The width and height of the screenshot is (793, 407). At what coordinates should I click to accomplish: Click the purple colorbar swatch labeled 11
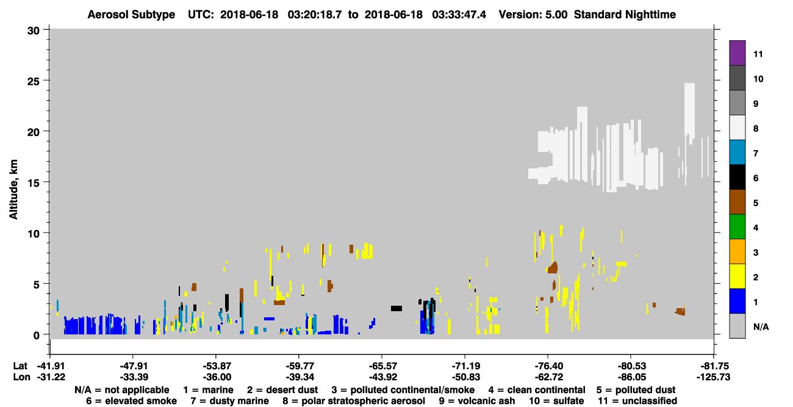(x=737, y=52)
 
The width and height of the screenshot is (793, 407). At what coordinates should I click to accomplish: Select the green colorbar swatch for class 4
(x=737, y=227)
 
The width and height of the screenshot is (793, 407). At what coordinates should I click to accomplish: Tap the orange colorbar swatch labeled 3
(x=737, y=251)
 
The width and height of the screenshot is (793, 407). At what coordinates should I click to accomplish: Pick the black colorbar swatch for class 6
(x=737, y=177)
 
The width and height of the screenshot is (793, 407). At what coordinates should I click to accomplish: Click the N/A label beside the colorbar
(x=761, y=326)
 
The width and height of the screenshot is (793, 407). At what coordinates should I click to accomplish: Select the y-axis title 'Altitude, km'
(x=13, y=190)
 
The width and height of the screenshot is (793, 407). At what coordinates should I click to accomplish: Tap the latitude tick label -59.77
(x=300, y=366)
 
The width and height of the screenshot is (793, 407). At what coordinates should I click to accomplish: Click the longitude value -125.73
(x=713, y=377)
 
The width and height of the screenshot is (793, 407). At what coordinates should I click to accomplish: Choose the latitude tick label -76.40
(x=548, y=366)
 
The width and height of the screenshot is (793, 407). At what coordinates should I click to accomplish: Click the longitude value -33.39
(x=134, y=377)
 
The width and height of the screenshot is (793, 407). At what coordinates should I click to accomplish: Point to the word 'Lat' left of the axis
(x=20, y=366)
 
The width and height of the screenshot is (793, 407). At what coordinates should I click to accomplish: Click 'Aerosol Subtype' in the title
(x=131, y=15)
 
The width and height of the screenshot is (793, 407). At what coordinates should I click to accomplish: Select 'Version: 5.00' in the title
(x=533, y=15)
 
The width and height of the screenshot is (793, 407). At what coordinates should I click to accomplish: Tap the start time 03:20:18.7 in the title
(x=315, y=15)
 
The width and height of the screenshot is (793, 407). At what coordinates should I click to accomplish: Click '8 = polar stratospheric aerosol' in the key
(x=354, y=401)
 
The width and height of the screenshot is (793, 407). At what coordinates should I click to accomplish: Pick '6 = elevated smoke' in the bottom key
(x=131, y=401)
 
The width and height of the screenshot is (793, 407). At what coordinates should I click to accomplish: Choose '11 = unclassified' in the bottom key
(x=637, y=401)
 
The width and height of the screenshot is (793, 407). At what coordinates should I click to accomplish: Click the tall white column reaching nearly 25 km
(x=689, y=110)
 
